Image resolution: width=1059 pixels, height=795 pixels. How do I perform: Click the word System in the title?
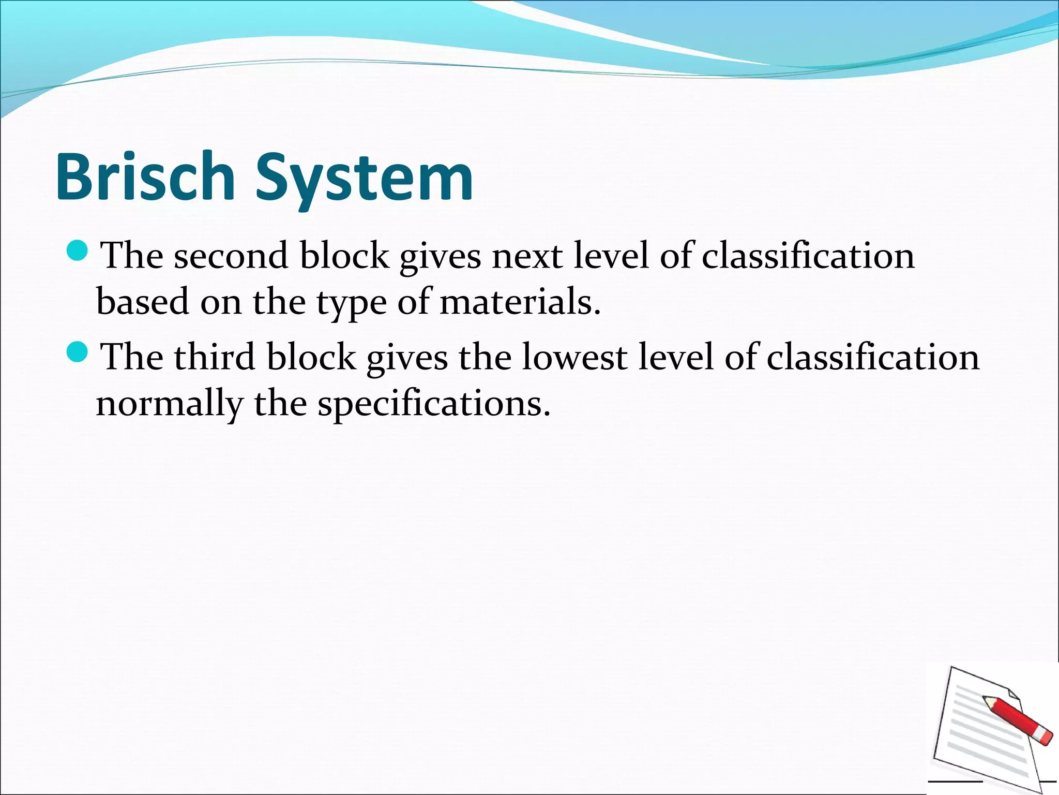(x=364, y=179)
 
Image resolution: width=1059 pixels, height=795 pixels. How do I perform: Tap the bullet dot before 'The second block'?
(x=78, y=251)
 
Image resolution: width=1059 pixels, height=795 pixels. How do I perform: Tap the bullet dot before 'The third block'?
(x=78, y=352)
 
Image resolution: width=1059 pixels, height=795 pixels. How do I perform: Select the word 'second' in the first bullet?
(x=231, y=256)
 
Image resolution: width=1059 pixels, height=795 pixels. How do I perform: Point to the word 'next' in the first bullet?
(x=526, y=256)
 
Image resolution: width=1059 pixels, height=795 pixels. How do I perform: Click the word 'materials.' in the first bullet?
(x=520, y=302)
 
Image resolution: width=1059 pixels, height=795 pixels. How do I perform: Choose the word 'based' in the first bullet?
(x=143, y=302)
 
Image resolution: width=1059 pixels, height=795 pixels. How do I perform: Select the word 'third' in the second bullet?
(x=214, y=357)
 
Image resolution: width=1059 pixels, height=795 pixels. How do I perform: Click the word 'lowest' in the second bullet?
(x=574, y=357)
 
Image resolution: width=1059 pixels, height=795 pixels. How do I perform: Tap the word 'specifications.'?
(x=434, y=404)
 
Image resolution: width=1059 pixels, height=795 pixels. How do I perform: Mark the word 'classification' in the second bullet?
(x=873, y=357)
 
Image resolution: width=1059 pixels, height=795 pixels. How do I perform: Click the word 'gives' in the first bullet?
(x=440, y=257)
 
